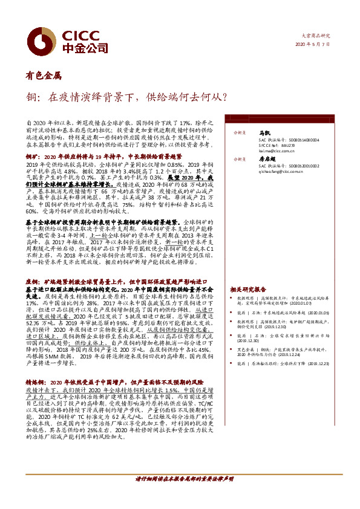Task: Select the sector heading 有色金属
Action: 43,76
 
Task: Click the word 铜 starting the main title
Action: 30,96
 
